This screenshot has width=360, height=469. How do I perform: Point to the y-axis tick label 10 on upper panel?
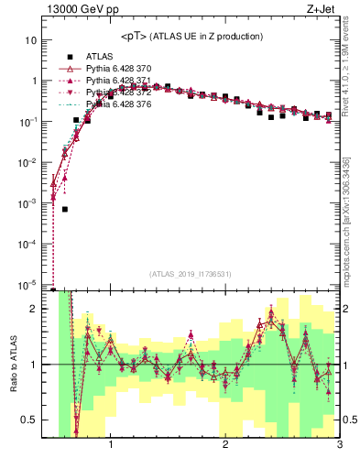click(x=31, y=41)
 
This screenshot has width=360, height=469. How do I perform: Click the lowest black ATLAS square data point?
click(x=65, y=209)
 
